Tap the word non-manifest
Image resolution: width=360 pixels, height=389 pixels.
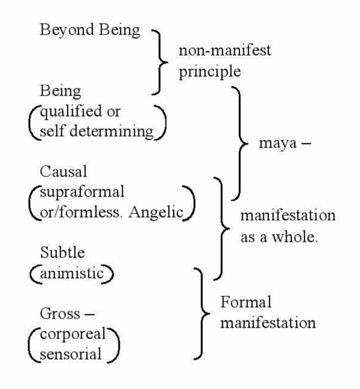coord(225,50)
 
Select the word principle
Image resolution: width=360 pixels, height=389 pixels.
coord(210,72)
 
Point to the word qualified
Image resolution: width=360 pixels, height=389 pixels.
coord(71,112)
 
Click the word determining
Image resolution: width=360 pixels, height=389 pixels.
coord(111,132)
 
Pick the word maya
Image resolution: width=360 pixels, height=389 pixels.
coord(278,143)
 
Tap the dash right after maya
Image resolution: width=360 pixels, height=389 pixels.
coord(306,143)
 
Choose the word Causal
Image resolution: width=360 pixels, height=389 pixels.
coord(63,171)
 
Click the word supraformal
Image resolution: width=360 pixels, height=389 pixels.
coord(82,193)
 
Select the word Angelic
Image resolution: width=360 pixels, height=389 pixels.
coord(156,213)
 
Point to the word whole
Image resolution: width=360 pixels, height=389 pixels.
coord(295,237)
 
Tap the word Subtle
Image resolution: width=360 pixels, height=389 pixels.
coord(62,252)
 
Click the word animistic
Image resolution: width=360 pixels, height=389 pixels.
coord(72,274)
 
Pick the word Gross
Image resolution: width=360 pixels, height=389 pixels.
coord(60,313)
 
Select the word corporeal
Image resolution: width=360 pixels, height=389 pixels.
coord(73,334)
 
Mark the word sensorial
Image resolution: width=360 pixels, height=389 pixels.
coord(71,354)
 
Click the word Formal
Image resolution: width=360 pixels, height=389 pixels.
coord(246,302)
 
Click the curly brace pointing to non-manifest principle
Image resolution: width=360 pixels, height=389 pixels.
coord(160,62)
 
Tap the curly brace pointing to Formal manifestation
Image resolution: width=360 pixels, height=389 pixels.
coord(202,313)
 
